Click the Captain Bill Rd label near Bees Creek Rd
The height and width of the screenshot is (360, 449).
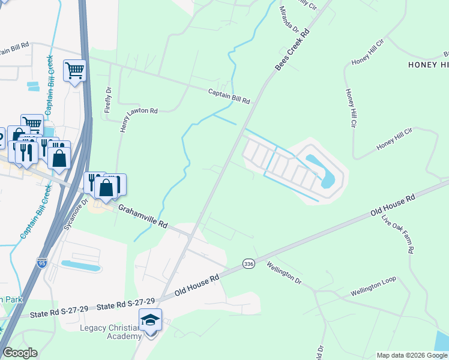(229, 96)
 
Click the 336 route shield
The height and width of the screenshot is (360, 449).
(248, 264)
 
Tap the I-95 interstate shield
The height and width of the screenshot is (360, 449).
(41, 245)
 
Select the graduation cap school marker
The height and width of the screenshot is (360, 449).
(150, 320)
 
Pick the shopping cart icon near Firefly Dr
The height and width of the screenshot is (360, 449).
(74, 71)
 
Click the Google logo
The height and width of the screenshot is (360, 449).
(20, 353)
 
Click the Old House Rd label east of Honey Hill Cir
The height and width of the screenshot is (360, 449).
(393, 205)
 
